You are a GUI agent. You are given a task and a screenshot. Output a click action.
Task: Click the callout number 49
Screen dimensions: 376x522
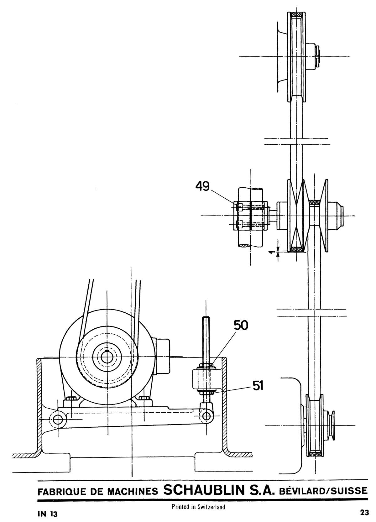pyautogui.click(x=202, y=186)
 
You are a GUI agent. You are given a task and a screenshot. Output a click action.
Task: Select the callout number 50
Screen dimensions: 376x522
pyautogui.click(x=241, y=325)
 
